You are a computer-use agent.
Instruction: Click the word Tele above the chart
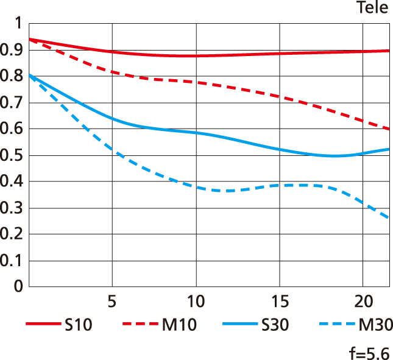click(x=373, y=9)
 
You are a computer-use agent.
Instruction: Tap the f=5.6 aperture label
click(x=369, y=353)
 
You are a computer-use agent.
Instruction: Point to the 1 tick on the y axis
click(x=18, y=24)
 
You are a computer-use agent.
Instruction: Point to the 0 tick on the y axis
click(x=18, y=286)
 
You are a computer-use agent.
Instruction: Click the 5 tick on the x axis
click(x=112, y=302)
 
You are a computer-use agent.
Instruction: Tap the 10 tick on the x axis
click(x=195, y=302)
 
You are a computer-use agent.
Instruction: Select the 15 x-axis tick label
click(x=278, y=302)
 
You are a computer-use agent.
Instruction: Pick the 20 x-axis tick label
click(x=363, y=302)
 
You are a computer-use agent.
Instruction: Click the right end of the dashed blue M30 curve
click(x=388, y=217)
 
